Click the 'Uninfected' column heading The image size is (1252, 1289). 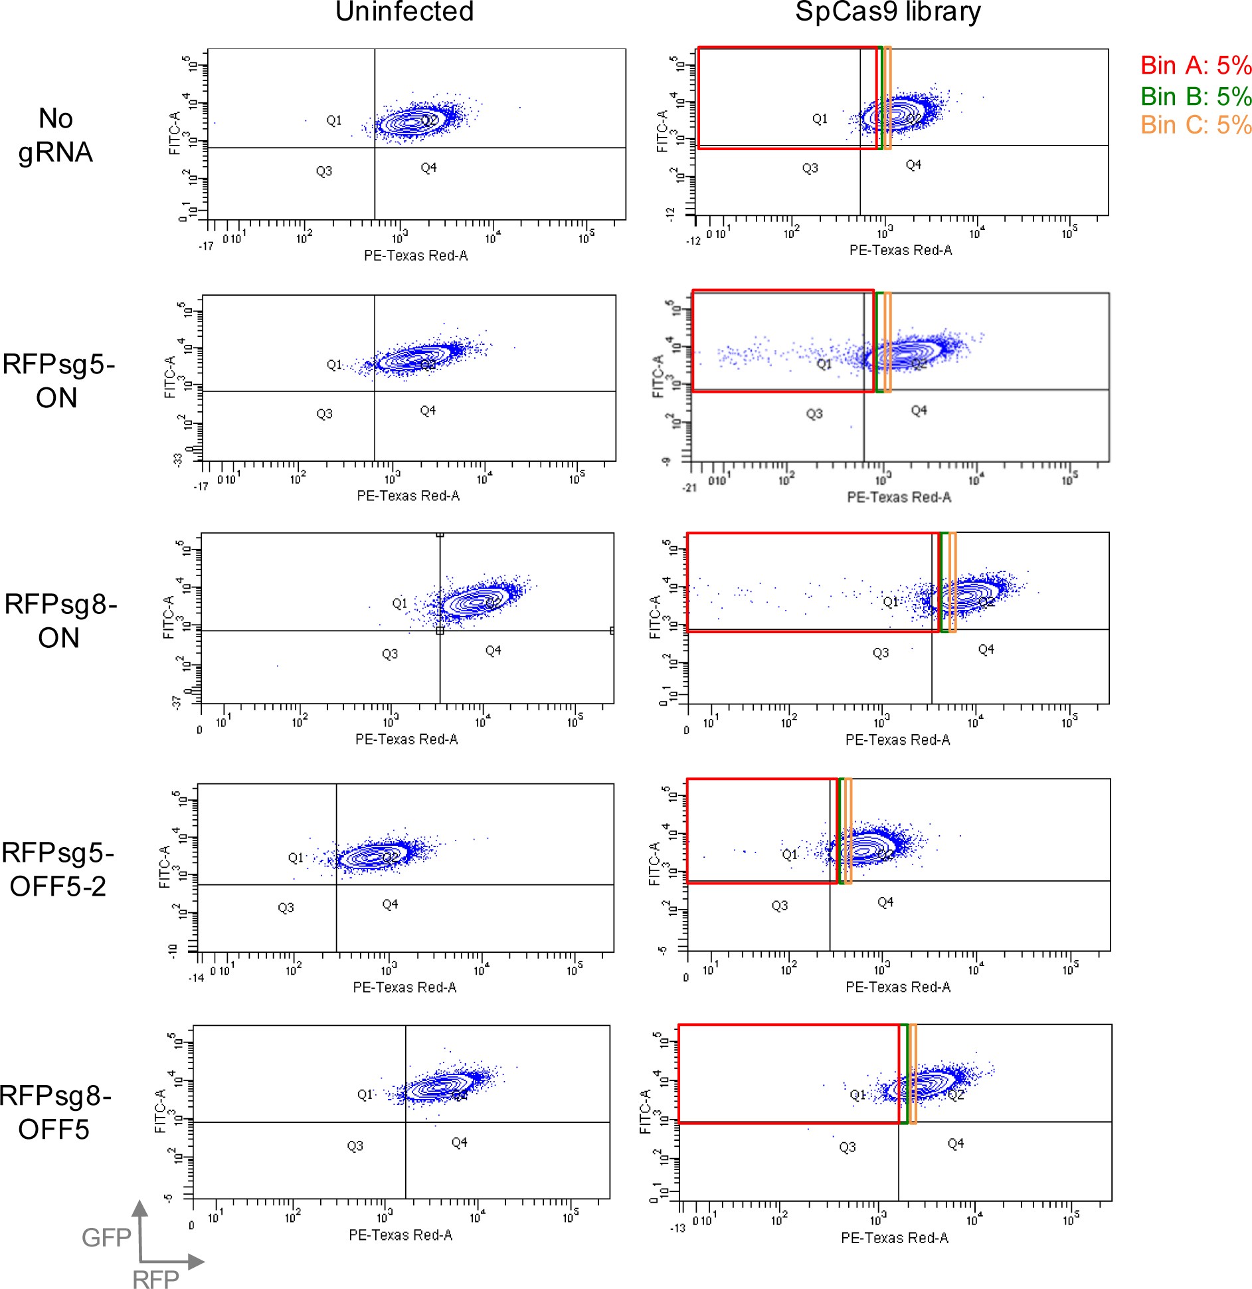(x=404, y=12)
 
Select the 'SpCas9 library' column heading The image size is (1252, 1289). (x=887, y=12)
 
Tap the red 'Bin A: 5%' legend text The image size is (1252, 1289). (x=1196, y=65)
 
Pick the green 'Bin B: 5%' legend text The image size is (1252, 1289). (x=1196, y=96)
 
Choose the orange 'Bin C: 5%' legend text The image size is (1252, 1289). (x=1196, y=125)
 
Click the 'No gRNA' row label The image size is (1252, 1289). (x=56, y=136)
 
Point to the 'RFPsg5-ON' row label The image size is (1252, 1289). (x=58, y=381)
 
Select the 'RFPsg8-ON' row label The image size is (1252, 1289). (x=60, y=621)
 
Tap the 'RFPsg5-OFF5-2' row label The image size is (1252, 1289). (x=58, y=869)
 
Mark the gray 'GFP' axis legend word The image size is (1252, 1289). (x=106, y=1238)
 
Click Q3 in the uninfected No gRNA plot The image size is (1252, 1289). (x=323, y=171)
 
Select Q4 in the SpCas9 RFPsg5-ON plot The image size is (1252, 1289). (x=919, y=411)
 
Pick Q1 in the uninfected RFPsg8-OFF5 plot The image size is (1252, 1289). (x=365, y=1094)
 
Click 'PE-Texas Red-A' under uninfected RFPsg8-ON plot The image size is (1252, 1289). (x=406, y=740)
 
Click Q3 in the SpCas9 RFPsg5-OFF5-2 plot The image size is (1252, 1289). (x=779, y=906)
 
